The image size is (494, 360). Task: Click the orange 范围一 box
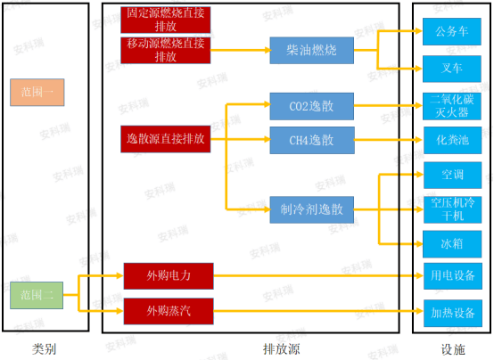37,93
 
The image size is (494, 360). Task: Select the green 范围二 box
37,295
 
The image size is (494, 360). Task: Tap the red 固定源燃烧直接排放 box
166,20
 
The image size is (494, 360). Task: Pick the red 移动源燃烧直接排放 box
166,51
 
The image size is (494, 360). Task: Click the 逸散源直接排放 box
166,139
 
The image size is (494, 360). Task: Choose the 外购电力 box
169,276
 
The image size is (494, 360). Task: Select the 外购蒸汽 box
169,311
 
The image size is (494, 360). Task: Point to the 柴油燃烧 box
312,51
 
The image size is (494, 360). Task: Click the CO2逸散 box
312,106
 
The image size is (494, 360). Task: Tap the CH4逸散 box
312,140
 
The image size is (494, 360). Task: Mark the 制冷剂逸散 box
312,209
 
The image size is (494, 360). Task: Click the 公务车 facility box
452,31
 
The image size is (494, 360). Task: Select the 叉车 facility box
452,69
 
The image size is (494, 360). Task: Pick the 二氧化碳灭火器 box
452,106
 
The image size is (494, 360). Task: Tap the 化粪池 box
453,140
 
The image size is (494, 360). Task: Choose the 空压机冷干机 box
453,209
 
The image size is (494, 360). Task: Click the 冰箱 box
452,244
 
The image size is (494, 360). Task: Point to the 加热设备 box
453,313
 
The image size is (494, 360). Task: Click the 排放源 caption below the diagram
282,349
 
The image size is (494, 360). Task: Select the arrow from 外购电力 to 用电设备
318,276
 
